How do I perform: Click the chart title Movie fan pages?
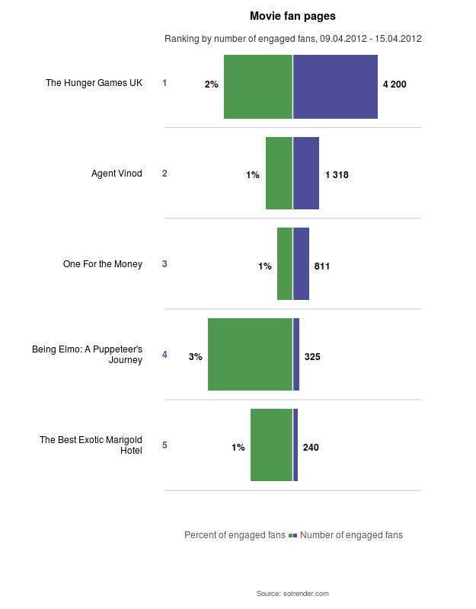coord(292,15)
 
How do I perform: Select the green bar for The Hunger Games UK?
coord(258,87)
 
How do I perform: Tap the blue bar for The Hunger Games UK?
coord(335,87)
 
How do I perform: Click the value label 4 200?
coord(395,84)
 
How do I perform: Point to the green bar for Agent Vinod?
coord(279,173)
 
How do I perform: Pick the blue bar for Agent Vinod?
coord(306,173)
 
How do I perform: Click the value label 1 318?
coord(337,175)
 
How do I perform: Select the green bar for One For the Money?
coord(285,263)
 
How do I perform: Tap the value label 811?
coord(322,266)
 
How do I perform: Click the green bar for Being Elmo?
coord(250,354)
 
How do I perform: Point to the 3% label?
coord(196,356)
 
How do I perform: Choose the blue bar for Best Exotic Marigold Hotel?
coord(296,445)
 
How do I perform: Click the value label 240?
coord(311,448)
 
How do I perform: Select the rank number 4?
coord(165,355)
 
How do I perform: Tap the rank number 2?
coord(165,174)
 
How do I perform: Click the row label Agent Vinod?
coord(117,174)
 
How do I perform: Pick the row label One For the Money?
coord(103,264)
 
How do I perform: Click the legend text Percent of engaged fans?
coord(235,535)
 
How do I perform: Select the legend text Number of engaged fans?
coord(351,535)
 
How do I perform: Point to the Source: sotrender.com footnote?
coord(292,593)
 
